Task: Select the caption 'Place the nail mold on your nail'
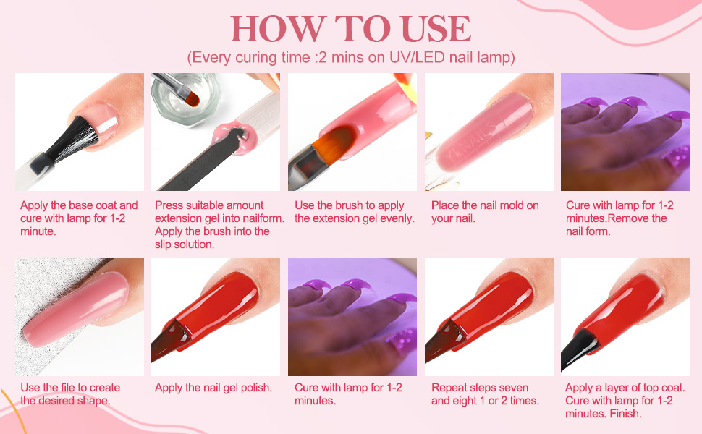click(484, 212)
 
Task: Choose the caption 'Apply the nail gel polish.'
click(213, 388)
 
